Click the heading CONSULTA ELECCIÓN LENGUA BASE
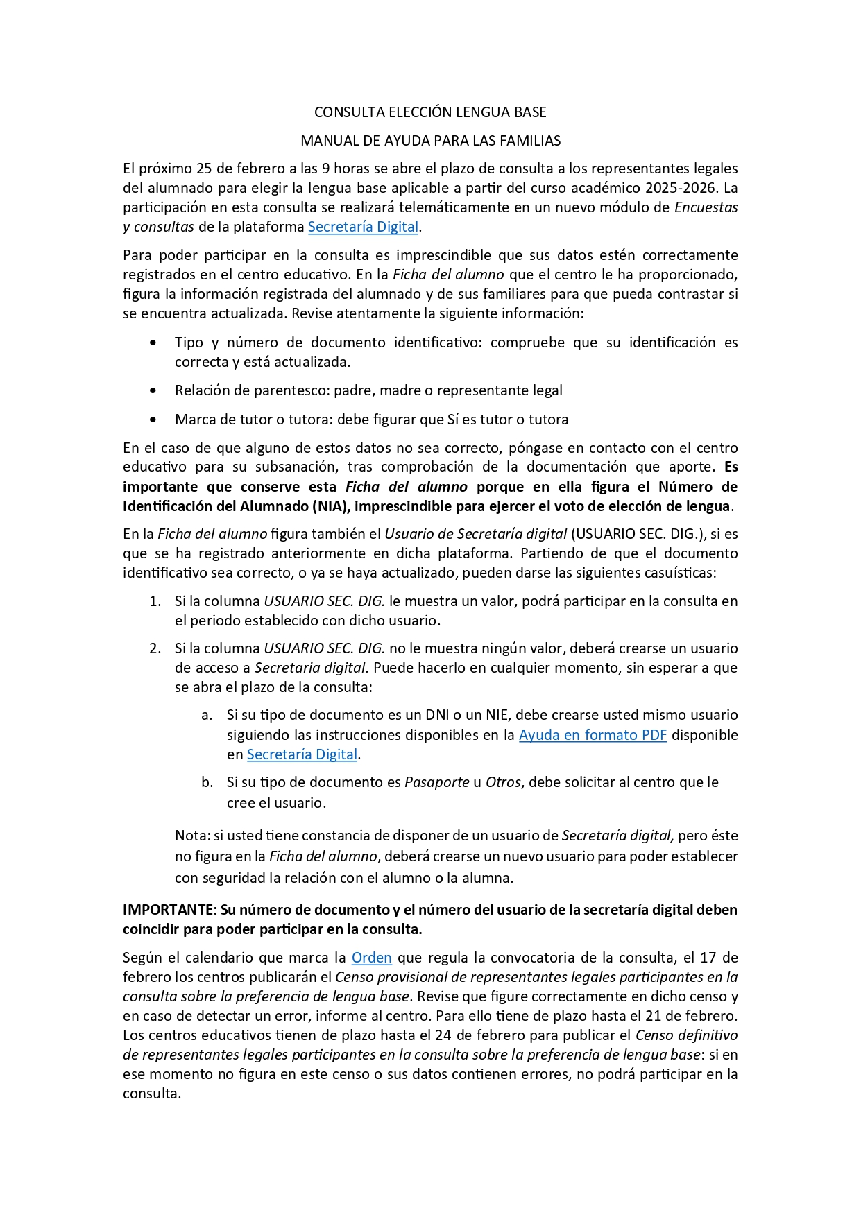[430, 112]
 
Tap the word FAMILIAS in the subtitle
[529, 141]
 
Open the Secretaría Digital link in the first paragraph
[363, 227]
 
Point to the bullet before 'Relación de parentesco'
[153, 391]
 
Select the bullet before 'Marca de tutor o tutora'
[153, 420]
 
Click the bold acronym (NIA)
[331, 506]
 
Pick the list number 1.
[155, 601]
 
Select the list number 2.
[155, 648]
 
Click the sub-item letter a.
[206, 715]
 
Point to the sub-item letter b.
[207, 782]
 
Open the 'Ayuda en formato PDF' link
[593, 735]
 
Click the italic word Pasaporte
[436, 782]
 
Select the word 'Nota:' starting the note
[191, 836]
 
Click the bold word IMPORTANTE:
[169, 910]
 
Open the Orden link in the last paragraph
[371, 958]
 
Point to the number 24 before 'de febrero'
[444, 1035]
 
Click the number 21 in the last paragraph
[657, 1016]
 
